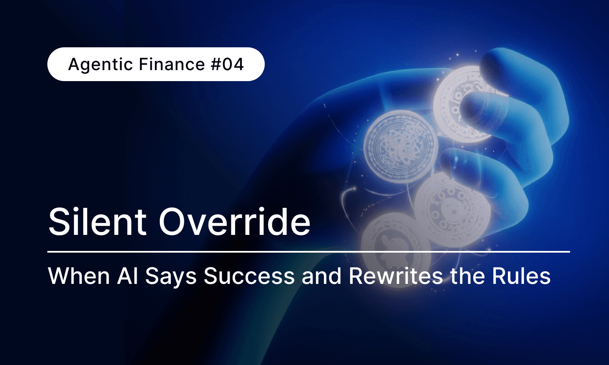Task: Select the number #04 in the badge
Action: (228, 64)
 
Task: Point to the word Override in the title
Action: (234, 222)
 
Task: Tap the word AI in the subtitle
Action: (128, 276)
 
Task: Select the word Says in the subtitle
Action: (171, 277)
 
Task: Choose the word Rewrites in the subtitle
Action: (396, 276)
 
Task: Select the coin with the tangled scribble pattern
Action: (400, 146)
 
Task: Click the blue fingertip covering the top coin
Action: (482, 108)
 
